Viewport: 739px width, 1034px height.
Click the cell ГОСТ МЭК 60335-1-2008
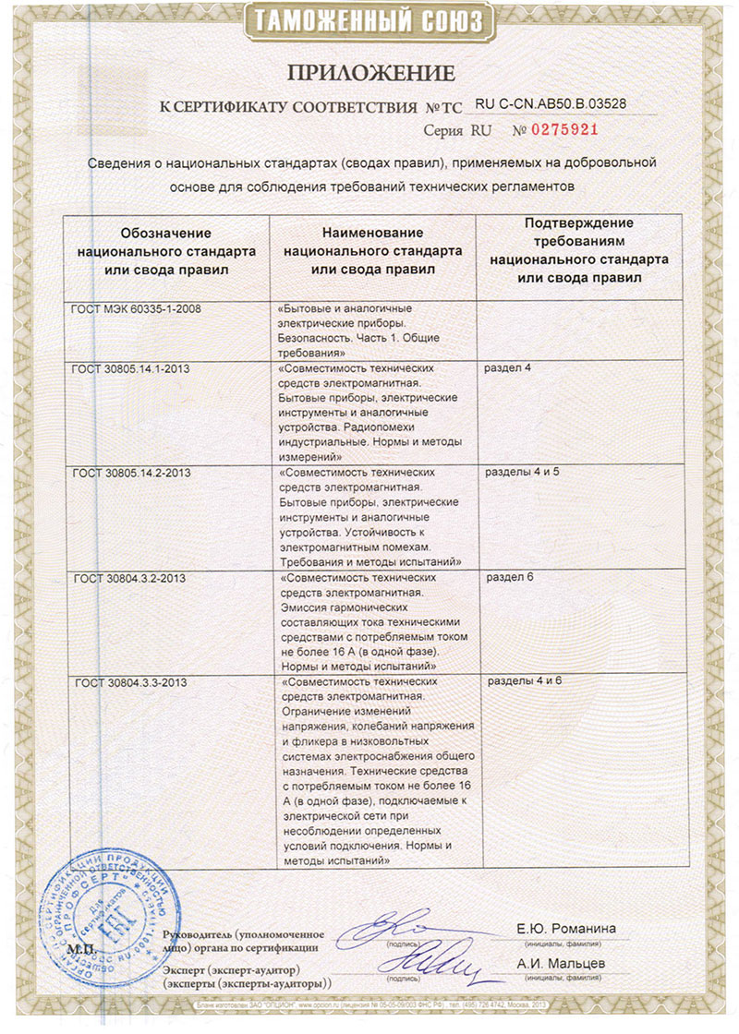tap(136, 308)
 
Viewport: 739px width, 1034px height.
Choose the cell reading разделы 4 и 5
tap(522, 473)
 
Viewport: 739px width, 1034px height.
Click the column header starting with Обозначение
tap(165, 251)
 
